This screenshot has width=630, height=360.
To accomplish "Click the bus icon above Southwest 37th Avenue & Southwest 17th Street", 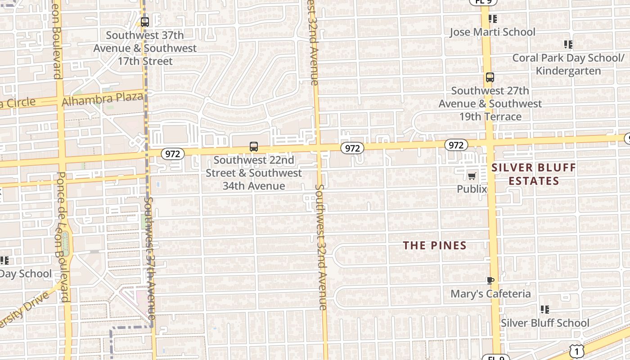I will pyautogui.click(x=145, y=22).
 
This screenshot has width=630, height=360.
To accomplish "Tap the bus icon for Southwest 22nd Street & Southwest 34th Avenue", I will pyautogui.click(x=254, y=147).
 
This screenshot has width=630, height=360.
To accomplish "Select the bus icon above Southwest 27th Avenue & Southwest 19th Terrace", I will pyautogui.click(x=490, y=77).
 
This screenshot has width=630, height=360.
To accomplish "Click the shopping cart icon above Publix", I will pyautogui.click(x=472, y=176).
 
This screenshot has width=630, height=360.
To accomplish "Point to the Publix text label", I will pyautogui.click(x=472, y=189).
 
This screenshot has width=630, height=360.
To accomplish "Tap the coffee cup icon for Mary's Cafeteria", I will pyautogui.click(x=490, y=281).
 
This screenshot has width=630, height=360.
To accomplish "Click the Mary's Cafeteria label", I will pyautogui.click(x=490, y=294).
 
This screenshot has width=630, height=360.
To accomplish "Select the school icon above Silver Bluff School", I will pyautogui.click(x=545, y=310).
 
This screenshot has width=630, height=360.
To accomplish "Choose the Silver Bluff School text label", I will pyautogui.click(x=545, y=323).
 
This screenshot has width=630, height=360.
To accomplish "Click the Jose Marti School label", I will pyautogui.click(x=493, y=32).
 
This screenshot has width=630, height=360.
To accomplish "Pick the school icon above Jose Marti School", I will pyautogui.click(x=493, y=19).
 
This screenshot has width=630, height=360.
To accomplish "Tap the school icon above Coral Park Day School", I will pyautogui.click(x=568, y=45).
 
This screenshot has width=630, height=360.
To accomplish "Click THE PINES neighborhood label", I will pyautogui.click(x=434, y=245).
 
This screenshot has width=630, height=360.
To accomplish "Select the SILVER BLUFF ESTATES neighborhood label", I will pyautogui.click(x=533, y=175).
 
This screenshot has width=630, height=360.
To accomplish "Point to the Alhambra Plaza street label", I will pyautogui.click(x=103, y=99).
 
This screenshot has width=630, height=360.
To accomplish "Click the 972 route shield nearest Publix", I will pyautogui.click(x=456, y=145).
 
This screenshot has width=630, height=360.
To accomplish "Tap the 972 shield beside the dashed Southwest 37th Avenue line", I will pyautogui.click(x=172, y=154).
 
